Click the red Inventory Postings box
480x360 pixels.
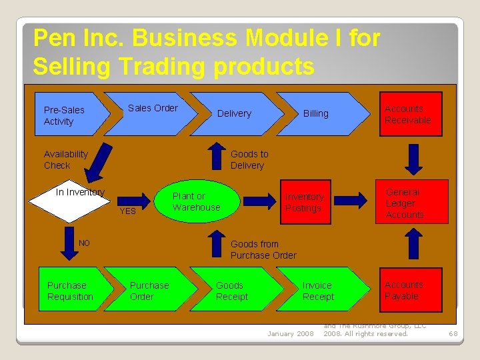[x=303, y=202]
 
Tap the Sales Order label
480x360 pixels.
[x=153, y=108]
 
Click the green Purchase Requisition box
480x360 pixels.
[x=71, y=291]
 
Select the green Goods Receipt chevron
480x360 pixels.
[x=233, y=291]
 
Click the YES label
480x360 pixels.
[x=127, y=211]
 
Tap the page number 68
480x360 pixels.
[x=453, y=333]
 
